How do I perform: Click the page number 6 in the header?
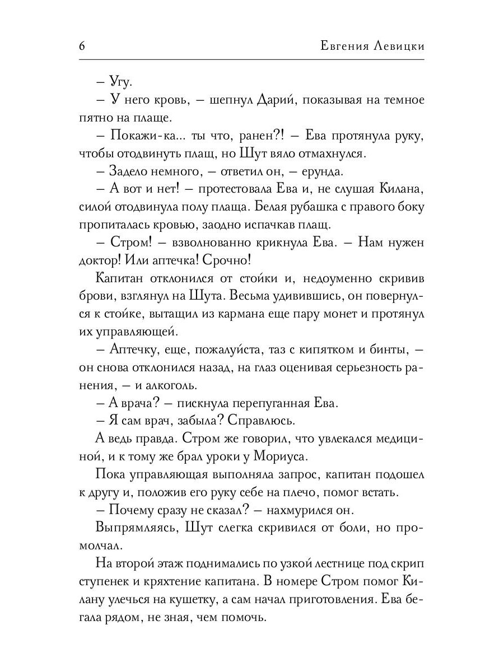pos(82,47)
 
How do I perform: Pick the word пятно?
pos(94,118)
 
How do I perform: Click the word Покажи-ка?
pos(140,136)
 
